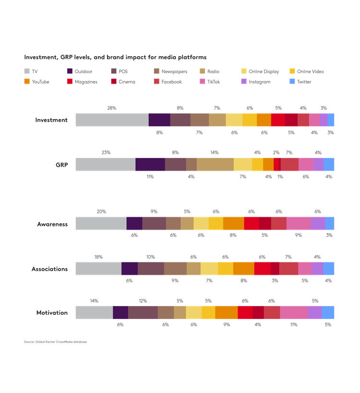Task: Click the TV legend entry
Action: point(31,72)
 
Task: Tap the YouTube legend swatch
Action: point(27,82)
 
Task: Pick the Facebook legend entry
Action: point(168,82)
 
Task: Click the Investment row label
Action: point(51,120)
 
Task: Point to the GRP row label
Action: point(61,164)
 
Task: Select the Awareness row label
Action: point(52,224)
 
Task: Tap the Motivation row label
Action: point(52,313)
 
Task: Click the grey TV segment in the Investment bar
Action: point(112,120)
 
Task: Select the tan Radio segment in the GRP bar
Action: point(215,164)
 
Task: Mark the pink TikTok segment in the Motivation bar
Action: point(294,313)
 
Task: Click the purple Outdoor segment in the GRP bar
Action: point(150,164)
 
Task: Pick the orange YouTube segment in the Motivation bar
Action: point(227,313)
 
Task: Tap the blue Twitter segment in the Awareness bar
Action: point(330,224)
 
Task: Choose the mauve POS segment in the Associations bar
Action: point(151,269)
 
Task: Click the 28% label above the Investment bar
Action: point(111,108)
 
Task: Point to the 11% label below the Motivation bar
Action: point(294,325)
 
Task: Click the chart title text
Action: point(115,57)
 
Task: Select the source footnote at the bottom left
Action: point(55,342)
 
